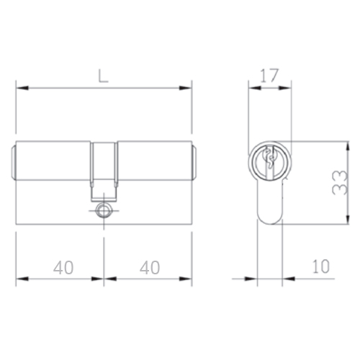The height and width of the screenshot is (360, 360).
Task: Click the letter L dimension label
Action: click(104, 77)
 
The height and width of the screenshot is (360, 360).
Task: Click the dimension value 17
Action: click(269, 76)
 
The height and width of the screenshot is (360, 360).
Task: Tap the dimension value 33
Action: click(340, 182)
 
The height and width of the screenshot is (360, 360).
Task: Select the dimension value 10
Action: click(321, 266)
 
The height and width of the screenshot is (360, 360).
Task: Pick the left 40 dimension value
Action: click(63, 268)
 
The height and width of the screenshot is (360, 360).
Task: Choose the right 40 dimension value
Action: click(150, 268)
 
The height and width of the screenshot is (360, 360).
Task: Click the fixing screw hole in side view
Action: click(104, 210)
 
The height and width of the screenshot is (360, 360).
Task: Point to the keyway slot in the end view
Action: click(270, 161)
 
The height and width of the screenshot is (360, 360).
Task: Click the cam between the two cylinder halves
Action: click(104, 172)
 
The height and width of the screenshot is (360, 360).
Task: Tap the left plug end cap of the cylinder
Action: click(14, 163)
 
